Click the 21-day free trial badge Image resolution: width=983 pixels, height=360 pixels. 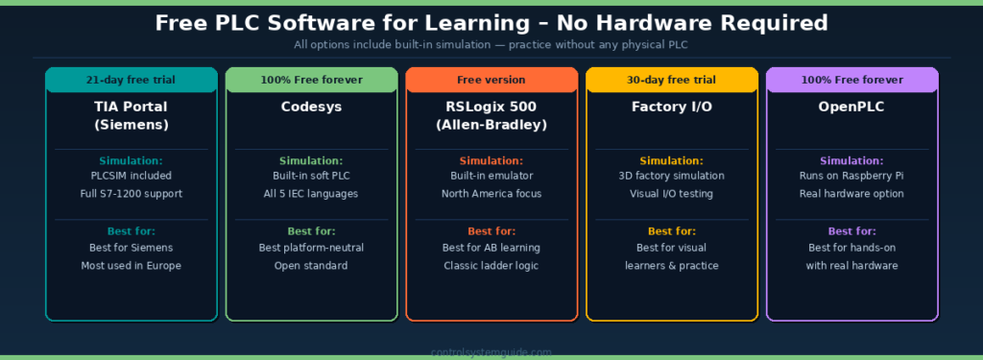[132, 80]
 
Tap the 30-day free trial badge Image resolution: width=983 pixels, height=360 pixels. [672, 80]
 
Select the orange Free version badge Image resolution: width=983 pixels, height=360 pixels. [491, 80]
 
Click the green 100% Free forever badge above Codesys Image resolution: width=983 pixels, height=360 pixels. [311, 80]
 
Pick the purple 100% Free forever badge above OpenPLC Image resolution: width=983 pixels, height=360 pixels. [852, 80]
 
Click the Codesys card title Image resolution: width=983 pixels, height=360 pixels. [311, 107]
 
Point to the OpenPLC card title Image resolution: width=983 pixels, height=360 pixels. [852, 107]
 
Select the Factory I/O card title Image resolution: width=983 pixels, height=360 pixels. [672, 107]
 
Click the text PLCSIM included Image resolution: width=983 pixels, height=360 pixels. [132, 176]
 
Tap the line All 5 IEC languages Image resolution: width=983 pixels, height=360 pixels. [311, 194]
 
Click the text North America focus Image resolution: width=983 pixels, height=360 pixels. [491, 194]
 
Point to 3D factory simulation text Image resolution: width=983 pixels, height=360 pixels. [672, 176]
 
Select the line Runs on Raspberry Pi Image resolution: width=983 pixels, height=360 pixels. [852, 176]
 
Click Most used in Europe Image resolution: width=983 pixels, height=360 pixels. [132, 265]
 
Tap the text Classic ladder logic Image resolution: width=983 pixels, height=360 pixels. [491, 265]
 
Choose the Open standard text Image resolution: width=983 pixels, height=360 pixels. [311, 265]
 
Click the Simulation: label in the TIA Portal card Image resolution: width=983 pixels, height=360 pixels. [132, 160]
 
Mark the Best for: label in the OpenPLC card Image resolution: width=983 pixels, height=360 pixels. [852, 231]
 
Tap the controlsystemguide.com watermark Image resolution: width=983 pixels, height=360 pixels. [491, 352]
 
